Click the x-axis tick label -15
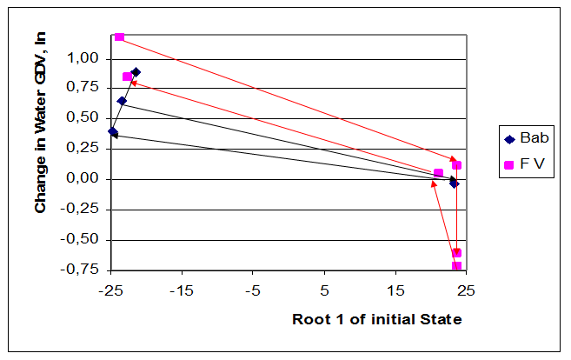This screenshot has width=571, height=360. coord(182,288)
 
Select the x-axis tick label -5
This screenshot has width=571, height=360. coord(253,288)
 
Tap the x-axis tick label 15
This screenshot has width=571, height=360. coord(395,288)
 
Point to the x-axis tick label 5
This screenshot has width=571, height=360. coord(325,288)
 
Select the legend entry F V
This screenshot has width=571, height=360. coord(532,164)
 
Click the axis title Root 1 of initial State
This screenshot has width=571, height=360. coord(376,319)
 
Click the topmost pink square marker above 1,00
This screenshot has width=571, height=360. coord(119,37)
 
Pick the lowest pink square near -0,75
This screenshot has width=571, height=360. coord(456,266)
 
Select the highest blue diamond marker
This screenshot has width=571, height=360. coord(136,72)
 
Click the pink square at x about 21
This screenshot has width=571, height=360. coord(438,173)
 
